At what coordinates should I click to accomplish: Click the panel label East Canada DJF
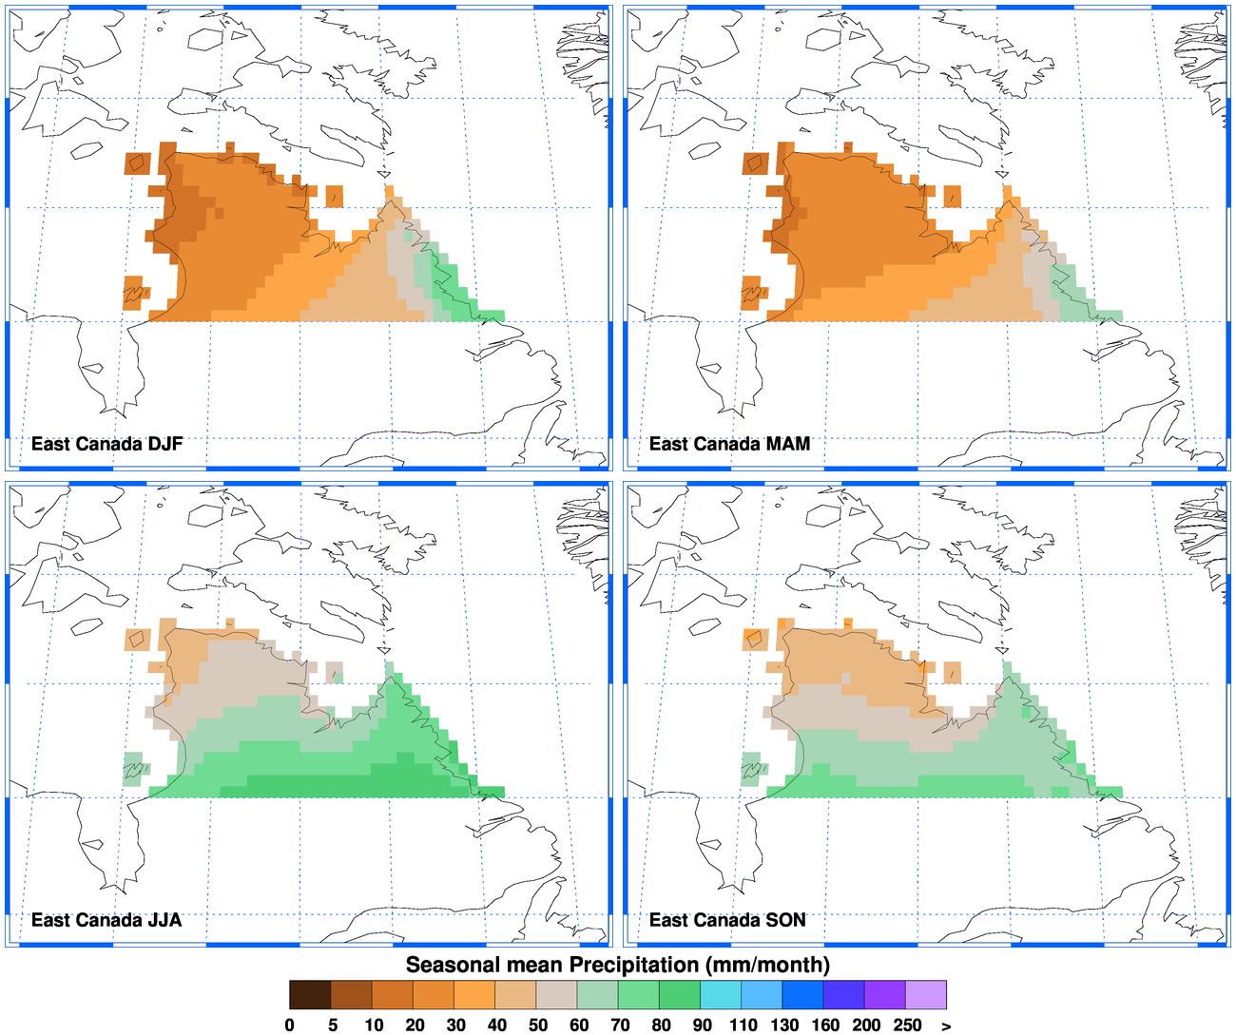(106, 444)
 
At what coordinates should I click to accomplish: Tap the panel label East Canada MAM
(729, 444)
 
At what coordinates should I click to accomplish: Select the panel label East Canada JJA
(106, 920)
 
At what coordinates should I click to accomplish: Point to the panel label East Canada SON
(727, 920)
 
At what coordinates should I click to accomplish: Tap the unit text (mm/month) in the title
(767, 965)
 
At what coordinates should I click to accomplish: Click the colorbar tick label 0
(290, 1025)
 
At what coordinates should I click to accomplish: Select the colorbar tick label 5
(332, 1025)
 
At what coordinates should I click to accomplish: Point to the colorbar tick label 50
(537, 1025)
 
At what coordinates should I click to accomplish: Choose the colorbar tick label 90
(702, 1025)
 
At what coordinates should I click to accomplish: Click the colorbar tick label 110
(743, 1025)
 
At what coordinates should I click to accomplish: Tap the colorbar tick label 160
(825, 1025)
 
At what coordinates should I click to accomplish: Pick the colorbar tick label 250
(907, 1025)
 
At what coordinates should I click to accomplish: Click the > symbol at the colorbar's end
(946, 1025)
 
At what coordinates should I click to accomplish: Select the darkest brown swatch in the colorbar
(310, 994)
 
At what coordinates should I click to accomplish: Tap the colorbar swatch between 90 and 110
(722, 994)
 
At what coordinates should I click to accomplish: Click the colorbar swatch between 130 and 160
(803, 994)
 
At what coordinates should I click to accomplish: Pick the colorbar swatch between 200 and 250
(885, 994)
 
